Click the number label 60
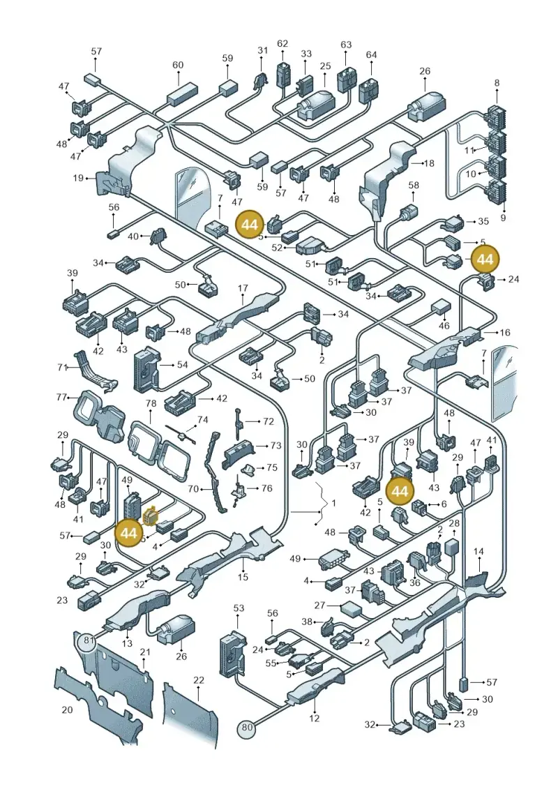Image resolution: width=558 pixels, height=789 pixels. pos(178,65)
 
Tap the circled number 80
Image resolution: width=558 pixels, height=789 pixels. pos(246,727)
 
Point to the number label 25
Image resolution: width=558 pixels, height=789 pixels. pos(325,66)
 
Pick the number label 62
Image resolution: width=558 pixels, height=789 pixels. pos(282,44)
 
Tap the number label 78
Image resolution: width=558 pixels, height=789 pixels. pos(151,403)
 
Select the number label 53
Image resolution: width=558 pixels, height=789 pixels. pos(239,608)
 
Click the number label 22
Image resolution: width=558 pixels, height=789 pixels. pos(199,679)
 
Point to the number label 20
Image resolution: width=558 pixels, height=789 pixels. pos(67,709)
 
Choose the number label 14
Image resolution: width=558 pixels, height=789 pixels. pos(478,552)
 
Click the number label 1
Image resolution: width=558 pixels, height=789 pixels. pos(333,503)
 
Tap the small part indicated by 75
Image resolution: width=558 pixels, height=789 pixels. pos(248,470)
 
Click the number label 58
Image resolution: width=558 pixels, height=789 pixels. pos(413,185)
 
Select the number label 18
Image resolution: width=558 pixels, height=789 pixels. pos(429,163)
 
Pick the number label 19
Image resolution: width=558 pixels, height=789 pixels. pos(78,178)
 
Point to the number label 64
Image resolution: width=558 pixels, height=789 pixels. pos(371,54)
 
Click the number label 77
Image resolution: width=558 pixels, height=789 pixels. pos(62,398)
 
